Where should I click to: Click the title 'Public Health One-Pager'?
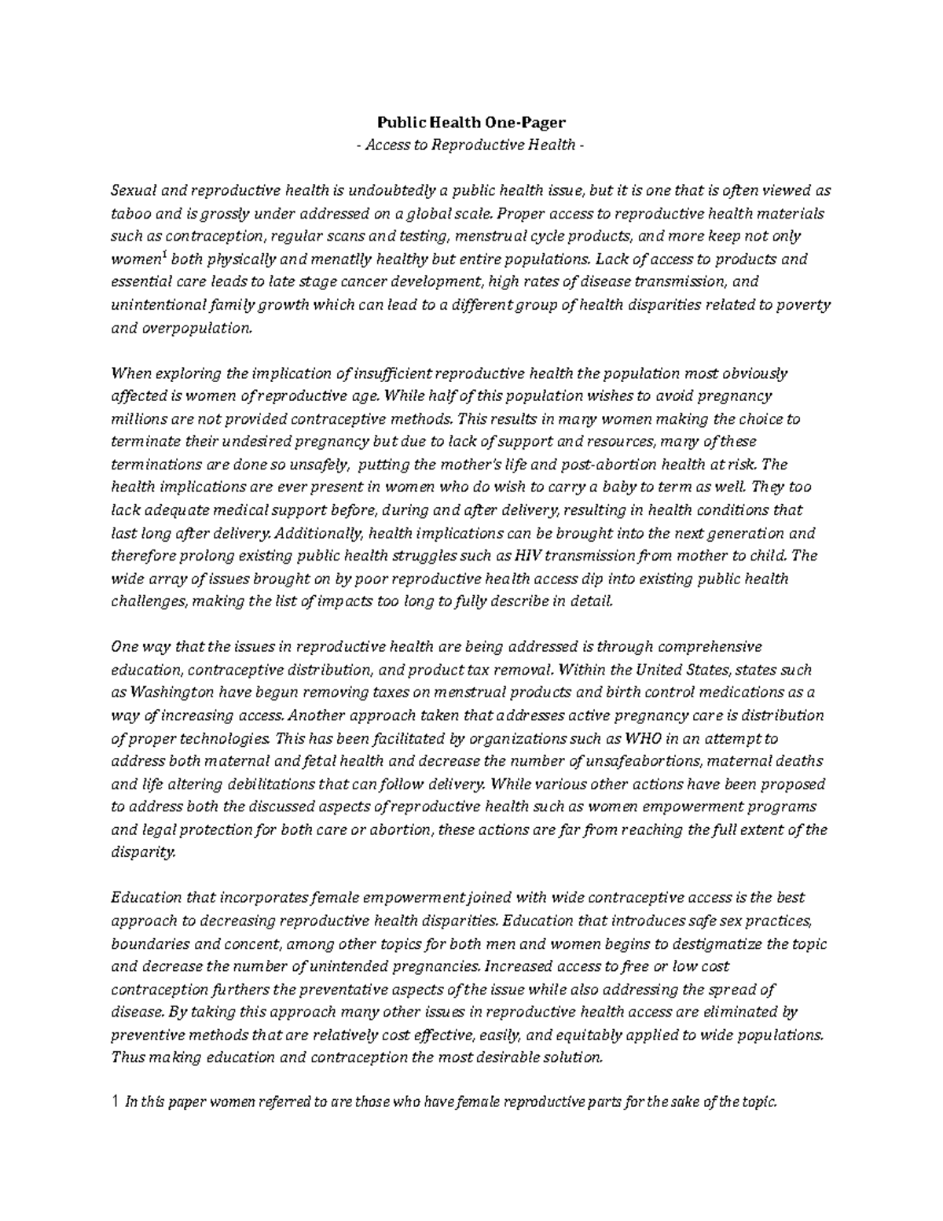click(x=472, y=123)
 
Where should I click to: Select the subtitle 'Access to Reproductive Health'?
click(x=472, y=145)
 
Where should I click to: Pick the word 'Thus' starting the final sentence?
click(x=129, y=1057)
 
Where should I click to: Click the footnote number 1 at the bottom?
click(x=116, y=1102)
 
